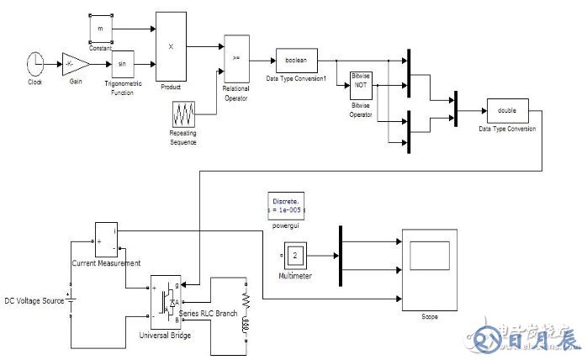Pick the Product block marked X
[171, 46]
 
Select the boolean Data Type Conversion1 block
[295, 61]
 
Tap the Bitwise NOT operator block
[362, 86]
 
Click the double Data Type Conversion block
[506, 112]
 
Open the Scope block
[430, 270]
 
